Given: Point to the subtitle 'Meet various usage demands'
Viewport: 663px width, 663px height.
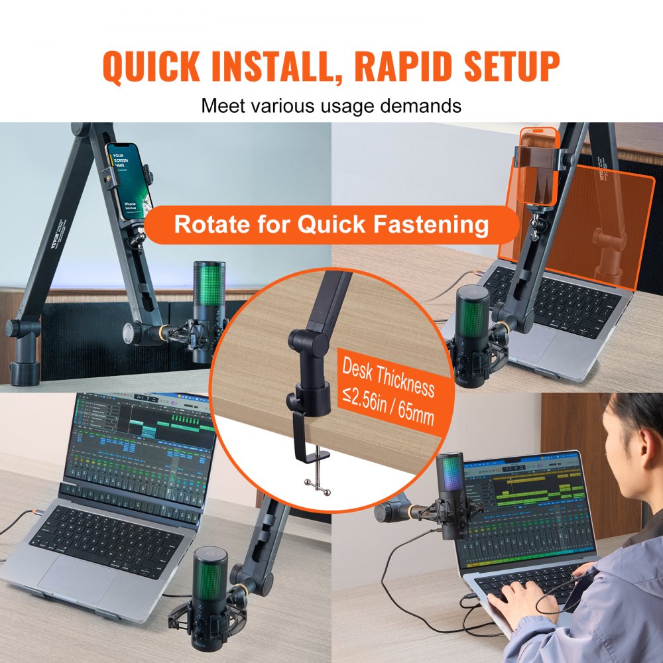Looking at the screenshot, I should [x=331, y=105].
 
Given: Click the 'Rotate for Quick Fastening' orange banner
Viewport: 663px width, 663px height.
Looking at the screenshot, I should [x=331, y=225].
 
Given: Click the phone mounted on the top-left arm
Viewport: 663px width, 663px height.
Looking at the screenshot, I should [x=129, y=181].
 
